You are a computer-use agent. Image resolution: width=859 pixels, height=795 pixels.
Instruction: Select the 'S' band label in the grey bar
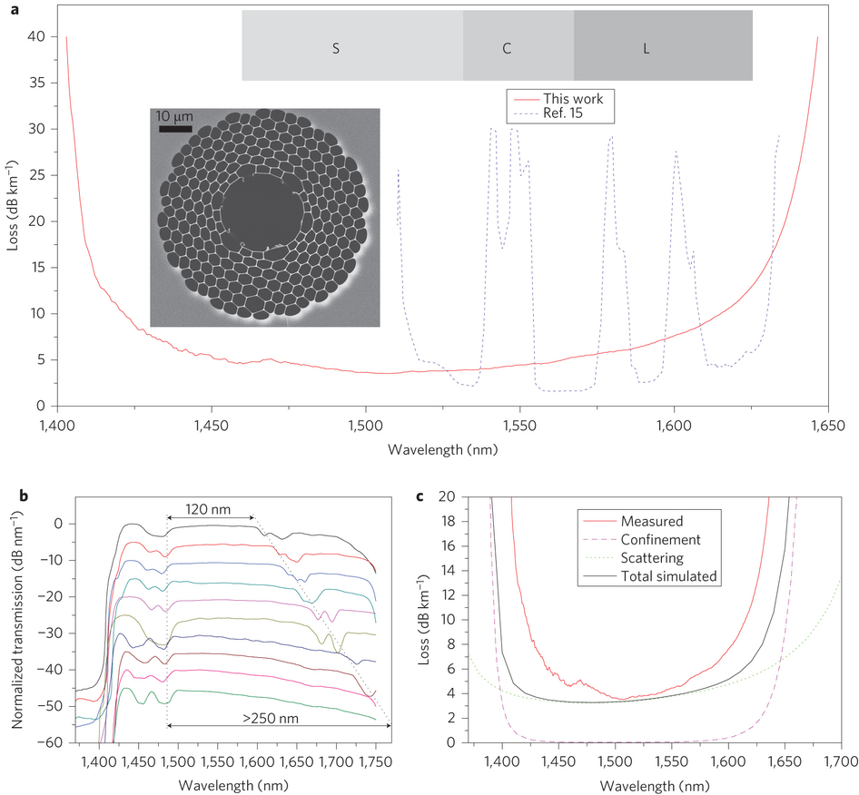(335, 47)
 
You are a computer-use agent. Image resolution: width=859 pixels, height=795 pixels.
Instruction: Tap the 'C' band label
(507, 47)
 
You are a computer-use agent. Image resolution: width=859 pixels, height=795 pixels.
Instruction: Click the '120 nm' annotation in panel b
(210, 510)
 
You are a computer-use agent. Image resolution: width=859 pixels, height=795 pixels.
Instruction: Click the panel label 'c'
(419, 496)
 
